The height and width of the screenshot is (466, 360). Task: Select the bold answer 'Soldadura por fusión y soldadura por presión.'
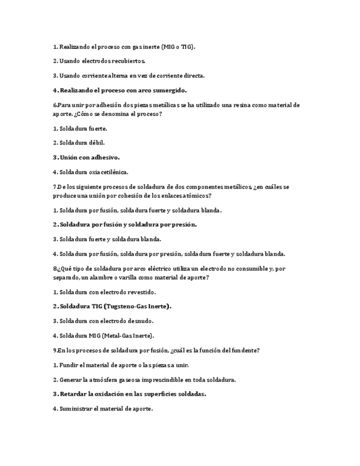click(125, 224)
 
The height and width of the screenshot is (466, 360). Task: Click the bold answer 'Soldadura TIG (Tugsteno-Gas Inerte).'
click(112, 306)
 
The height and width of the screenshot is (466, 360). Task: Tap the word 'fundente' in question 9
click(243, 350)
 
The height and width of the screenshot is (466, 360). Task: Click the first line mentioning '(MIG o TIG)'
click(124, 47)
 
